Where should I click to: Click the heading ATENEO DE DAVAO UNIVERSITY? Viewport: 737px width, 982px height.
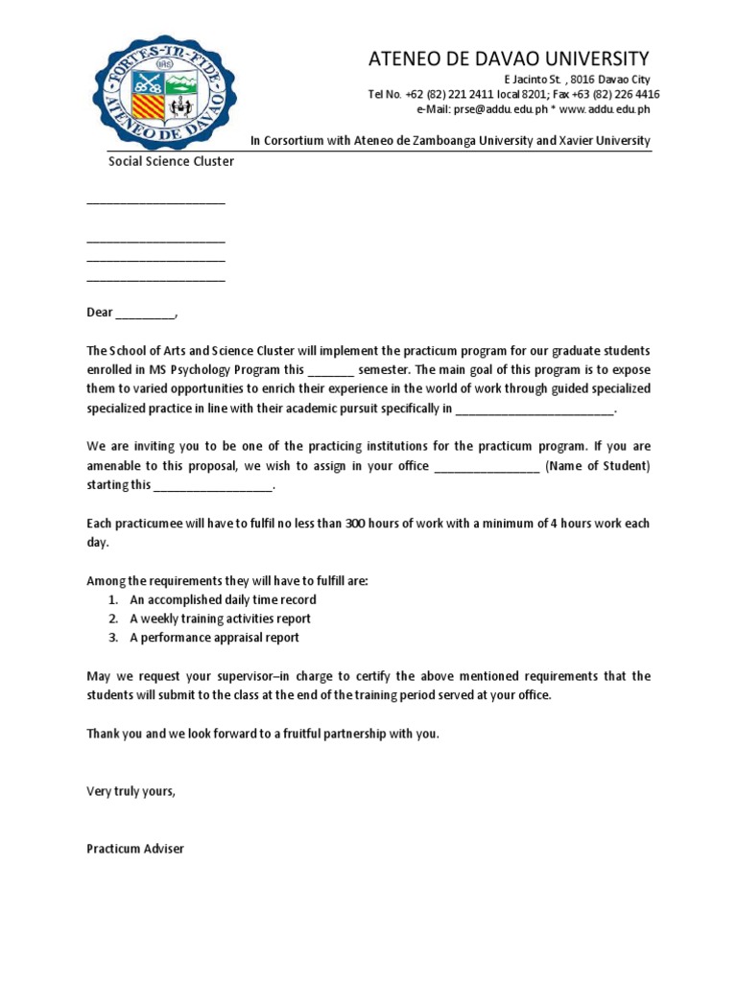tap(509, 59)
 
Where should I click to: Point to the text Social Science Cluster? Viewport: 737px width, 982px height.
tap(170, 161)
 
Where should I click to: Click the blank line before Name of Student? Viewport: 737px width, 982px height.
tap(487, 466)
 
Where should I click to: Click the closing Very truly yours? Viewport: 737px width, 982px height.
tap(131, 791)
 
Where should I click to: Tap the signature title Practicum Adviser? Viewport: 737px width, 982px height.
tap(135, 849)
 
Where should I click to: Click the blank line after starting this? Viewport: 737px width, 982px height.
tap(213, 485)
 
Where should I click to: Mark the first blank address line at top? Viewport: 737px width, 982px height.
tap(155, 201)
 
